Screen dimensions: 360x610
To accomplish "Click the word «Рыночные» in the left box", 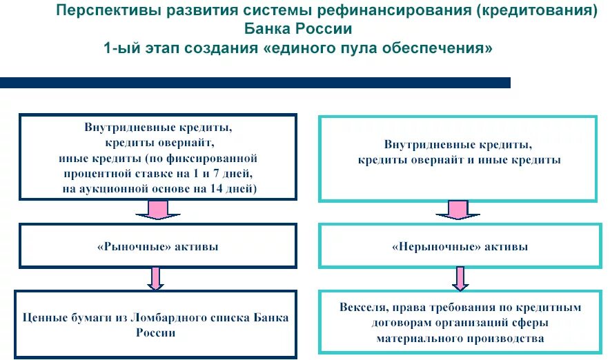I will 121,246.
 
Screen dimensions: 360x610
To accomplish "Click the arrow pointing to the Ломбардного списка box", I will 157,278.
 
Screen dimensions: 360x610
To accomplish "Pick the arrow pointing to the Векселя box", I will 458,278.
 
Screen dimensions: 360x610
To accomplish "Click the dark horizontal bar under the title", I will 255,83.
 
